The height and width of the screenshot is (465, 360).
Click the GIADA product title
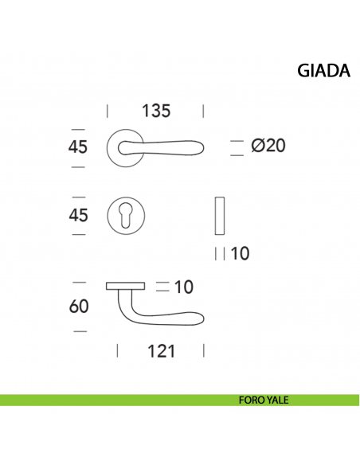323,71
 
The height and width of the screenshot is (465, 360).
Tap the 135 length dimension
156,111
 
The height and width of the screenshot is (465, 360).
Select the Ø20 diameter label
268,147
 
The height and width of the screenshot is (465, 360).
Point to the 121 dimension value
161,351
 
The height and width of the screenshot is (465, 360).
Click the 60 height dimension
78,307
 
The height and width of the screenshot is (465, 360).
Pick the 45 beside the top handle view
78,147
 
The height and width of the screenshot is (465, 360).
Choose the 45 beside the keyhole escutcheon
78,215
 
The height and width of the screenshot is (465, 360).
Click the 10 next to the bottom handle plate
184,287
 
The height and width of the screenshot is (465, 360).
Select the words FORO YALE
263,401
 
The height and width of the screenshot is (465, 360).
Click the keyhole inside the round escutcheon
127,215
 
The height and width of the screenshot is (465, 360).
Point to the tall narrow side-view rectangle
221,216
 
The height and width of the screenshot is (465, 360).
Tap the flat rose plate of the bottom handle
124,284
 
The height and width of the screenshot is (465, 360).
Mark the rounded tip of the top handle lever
202,147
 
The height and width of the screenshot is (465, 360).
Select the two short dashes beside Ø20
236,147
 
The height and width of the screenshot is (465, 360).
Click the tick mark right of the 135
205,111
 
